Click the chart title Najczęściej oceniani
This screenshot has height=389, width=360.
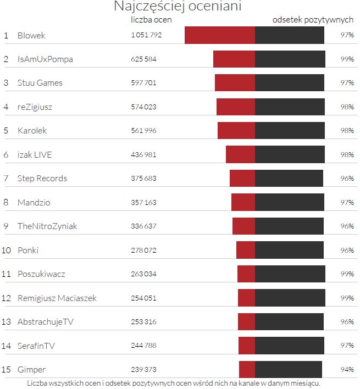click(x=178, y=7)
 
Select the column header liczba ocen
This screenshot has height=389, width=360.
click(x=151, y=19)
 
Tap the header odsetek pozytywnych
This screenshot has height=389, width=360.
click(x=313, y=19)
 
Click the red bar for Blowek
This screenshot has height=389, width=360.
click(x=220, y=35)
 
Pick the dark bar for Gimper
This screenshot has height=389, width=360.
click(x=289, y=369)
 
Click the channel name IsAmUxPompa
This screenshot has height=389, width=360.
click(x=45, y=59)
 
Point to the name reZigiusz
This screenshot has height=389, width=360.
click(x=35, y=107)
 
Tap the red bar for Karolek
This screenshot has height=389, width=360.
click(x=236, y=131)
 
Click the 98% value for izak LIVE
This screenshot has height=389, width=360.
click(x=346, y=155)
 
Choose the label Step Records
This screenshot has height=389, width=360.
click(x=42, y=179)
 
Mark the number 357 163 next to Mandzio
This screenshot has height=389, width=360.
click(x=143, y=203)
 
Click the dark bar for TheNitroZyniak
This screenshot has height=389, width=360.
click(x=289, y=226)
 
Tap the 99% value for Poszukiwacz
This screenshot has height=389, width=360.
click(x=346, y=274)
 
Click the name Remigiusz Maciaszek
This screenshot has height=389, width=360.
click(x=57, y=298)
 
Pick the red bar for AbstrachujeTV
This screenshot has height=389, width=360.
click(x=246, y=322)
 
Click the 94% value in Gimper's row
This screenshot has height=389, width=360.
click(x=346, y=370)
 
